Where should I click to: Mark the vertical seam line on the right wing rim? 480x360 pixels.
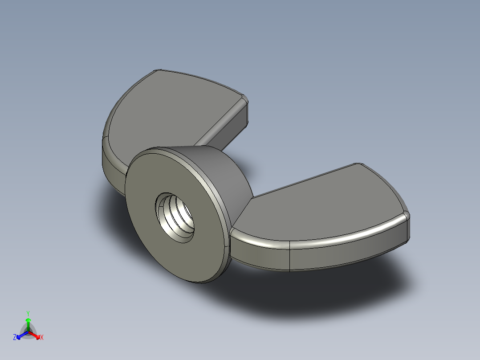click(290, 256)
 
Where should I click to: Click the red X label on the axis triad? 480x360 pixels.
click(41, 338)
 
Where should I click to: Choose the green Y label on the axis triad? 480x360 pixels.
click(28, 313)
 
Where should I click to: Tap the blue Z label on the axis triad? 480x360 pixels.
click(15, 338)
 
